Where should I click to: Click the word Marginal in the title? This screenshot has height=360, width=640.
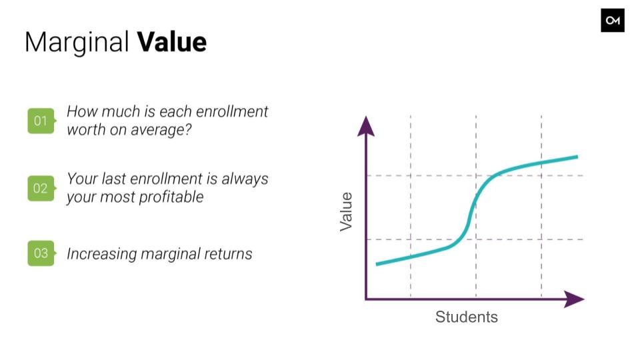[77, 43]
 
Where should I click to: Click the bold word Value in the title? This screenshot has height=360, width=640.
[172, 41]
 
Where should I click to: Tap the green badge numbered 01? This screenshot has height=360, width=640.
[41, 121]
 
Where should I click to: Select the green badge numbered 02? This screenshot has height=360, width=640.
[41, 188]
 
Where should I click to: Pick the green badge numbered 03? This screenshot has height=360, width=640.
[41, 253]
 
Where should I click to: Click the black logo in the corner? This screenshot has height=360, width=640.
[612, 21]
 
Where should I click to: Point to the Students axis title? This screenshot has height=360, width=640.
[467, 317]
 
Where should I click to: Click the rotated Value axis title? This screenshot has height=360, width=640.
[346, 211]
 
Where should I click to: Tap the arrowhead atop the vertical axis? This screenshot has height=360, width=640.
[366, 126]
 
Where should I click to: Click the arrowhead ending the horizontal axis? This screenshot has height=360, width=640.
[574, 299]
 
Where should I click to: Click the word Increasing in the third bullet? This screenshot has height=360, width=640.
[102, 254]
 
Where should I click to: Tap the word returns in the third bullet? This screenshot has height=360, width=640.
[228, 254]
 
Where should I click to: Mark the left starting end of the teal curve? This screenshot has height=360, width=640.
[376, 264]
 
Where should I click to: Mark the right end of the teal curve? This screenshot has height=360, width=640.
[577, 157]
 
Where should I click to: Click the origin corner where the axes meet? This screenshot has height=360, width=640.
[366, 299]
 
